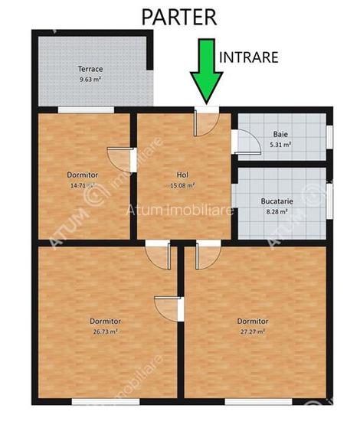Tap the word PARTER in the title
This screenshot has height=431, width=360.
(179, 16)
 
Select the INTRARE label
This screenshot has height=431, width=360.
(249, 57)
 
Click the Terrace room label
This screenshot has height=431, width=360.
(90, 68)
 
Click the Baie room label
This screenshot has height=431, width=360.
(280, 134)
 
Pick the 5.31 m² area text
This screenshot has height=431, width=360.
(280, 144)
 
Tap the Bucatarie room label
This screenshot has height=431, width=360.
(280, 202)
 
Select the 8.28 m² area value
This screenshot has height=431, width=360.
(280, 211)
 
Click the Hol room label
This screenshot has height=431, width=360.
(182, 174)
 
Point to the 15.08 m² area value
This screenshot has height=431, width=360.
(182, 184)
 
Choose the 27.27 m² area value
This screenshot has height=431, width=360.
(252, 331)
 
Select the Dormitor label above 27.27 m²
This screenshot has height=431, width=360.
(252, 321)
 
